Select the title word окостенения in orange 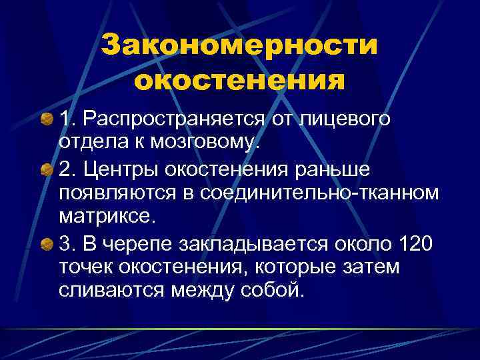(239, 81)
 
